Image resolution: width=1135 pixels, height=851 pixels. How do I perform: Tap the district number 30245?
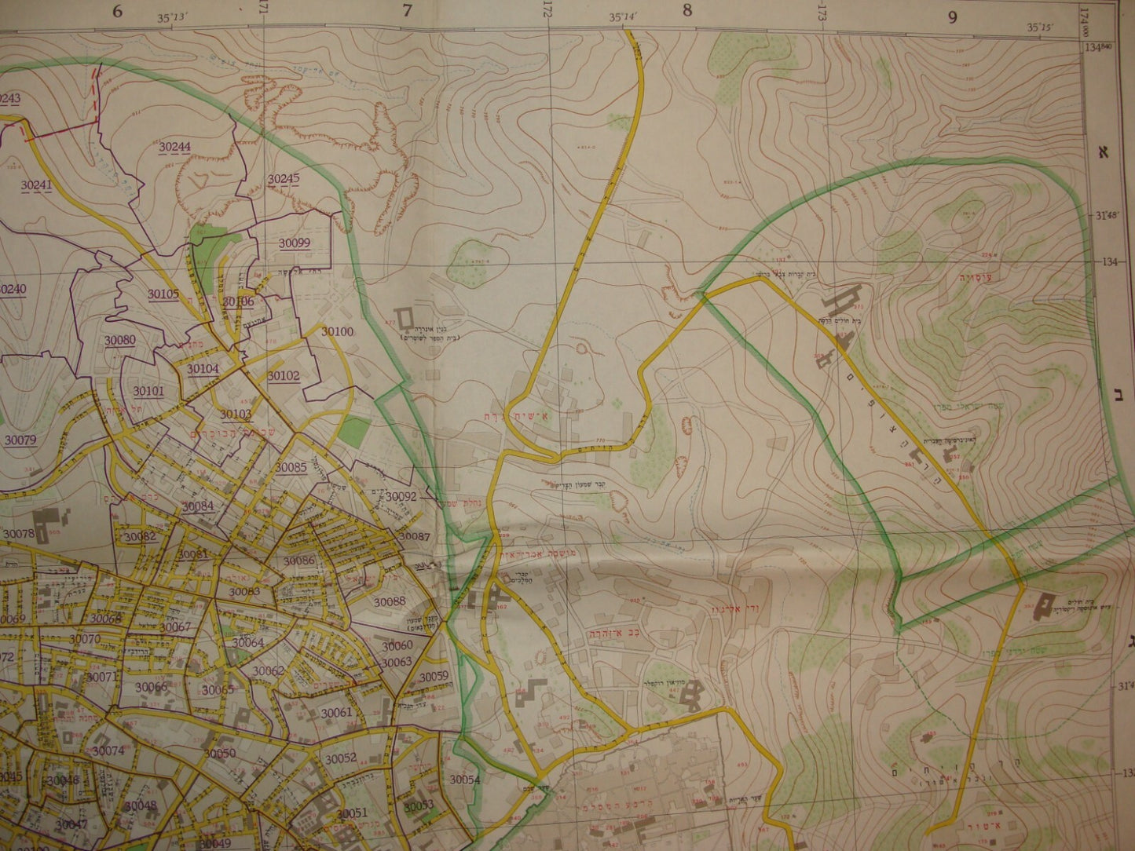pyautogui.click(x=283, y=179)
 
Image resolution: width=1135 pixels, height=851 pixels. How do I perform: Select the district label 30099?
pyautogui.click(x=294, y=243)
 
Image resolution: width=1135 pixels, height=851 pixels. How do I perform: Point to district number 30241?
pyautogui.click(x=37, y=184)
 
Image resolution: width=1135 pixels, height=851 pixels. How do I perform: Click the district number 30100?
pyautogui.click(x=337, y=331)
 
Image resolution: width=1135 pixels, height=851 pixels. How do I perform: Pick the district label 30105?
pyautogui.click(x=163, y=294)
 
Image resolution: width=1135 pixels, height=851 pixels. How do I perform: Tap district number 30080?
pyautogui.click(x=120, y=340)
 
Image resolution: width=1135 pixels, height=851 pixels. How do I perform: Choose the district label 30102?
pyautogui.click(x=283, y=375)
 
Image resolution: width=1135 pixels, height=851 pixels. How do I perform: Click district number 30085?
pyautogui.click(x=291, y=467)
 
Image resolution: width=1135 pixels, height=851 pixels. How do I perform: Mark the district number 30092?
pyautogui.click(x=401, y=496)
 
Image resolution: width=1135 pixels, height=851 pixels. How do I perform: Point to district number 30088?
pyautogui.click(x=390, y=601)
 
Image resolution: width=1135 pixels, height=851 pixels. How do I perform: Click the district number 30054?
pyautogui.click(x=464, y=780)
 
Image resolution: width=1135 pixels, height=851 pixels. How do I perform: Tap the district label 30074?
pyautogui.click(x=108, y=751)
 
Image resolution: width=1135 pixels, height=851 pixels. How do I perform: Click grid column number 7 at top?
pyautogui.click(x=406, y=12)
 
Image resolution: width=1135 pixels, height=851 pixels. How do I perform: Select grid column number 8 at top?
pyautogui.click(x=687, y=12)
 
